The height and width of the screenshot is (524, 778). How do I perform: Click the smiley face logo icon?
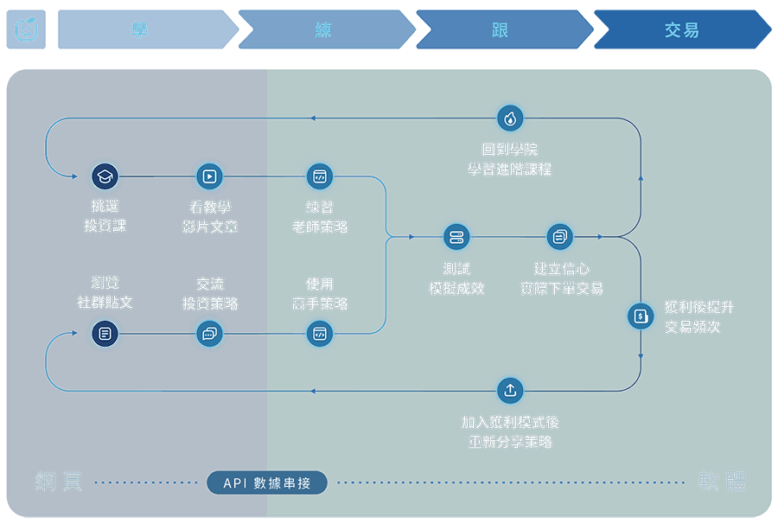click(26, 30)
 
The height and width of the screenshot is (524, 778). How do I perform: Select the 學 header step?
click(140, 30)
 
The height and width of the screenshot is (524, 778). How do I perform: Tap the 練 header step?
click(323, 30)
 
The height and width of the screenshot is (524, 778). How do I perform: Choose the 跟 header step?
click(501, 30)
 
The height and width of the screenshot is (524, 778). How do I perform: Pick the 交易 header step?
click(682, 30)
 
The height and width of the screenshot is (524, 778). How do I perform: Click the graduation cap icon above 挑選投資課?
click(105, 176)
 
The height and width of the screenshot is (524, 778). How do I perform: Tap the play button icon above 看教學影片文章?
click(209, 176)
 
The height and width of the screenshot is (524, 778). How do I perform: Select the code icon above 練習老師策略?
click(320, 176)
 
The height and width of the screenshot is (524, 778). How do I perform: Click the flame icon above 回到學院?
click(510, 118)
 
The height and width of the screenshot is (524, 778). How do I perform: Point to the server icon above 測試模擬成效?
click(456, 237)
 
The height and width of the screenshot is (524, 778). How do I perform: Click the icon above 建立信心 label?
click(560, 237)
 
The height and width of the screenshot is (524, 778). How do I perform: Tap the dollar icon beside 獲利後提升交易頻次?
click(641, 316)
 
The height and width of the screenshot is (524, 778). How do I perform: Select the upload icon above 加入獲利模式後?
click(510, 391)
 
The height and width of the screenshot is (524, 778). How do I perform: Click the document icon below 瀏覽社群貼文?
click(105, 333)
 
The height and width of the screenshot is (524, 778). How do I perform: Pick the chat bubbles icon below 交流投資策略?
click(209, 333)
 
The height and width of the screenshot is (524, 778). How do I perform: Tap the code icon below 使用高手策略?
click(320, 333)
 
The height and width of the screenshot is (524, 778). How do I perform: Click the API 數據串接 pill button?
click(267, 482)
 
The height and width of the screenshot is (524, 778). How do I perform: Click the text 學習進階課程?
click(510, 169)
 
